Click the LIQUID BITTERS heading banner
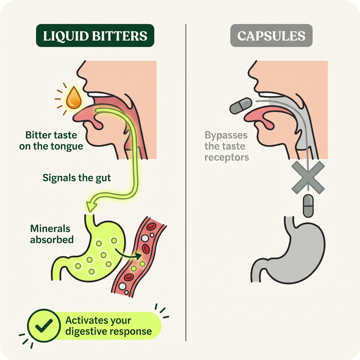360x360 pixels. click(x=95, y=35)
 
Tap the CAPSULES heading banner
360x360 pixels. click(x=271, y=35)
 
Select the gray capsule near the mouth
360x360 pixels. click(x=241, y=106)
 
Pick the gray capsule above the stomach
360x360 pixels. click(x=308, y=206)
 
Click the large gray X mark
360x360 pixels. click(x=308, y=178)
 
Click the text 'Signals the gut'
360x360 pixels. click(x=76, y=178)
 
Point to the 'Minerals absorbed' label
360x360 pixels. click(x=52, y=234)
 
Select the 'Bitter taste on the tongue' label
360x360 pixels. click(x=51, y=140)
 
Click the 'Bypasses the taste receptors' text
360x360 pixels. click(x=226, y=146)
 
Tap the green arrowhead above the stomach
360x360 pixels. click(x=91, y=207)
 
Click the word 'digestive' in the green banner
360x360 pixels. click(x=86, y=332)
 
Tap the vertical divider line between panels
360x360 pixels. click(x=186, y=182)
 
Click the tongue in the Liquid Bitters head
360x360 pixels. click(x=88, y=117)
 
